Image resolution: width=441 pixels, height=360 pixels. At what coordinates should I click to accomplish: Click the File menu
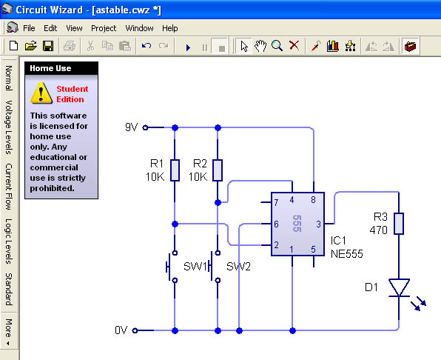click(29, 28)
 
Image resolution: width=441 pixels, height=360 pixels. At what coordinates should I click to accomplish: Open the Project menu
click(104, 28)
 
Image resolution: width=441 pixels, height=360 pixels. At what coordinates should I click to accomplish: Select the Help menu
click(170, 28)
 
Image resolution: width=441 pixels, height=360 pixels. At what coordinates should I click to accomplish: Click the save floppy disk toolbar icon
click(48, 46)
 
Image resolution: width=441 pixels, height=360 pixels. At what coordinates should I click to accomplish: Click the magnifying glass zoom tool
click(277, 46)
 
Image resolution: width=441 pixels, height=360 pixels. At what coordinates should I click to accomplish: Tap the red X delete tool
click(294, 45)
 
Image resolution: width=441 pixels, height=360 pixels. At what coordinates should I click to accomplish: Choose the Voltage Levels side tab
click(9, 127)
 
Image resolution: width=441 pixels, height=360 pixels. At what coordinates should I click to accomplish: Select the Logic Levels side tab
click(9, 241)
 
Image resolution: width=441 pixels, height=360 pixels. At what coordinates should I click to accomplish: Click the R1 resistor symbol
click(175, 170)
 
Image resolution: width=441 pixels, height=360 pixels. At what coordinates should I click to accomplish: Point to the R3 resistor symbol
click(399, 224)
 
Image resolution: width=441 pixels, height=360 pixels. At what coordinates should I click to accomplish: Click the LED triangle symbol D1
click(399, 287)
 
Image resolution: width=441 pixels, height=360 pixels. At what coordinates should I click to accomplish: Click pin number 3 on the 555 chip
click(318, 224)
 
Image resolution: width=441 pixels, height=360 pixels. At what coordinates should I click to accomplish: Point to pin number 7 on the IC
click(276, 202)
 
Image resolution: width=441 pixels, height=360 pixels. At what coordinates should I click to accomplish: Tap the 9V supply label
click(132, 127)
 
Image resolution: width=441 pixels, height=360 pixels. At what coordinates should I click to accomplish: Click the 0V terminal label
click(121, 330)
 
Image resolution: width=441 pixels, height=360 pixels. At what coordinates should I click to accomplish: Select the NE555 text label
click(347, 254)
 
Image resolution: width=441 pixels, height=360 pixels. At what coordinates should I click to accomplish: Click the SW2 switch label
click(238, 266)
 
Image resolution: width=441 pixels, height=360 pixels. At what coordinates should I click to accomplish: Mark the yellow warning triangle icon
click(41, 93)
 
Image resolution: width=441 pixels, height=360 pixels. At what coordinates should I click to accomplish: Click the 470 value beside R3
click(379, 230)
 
